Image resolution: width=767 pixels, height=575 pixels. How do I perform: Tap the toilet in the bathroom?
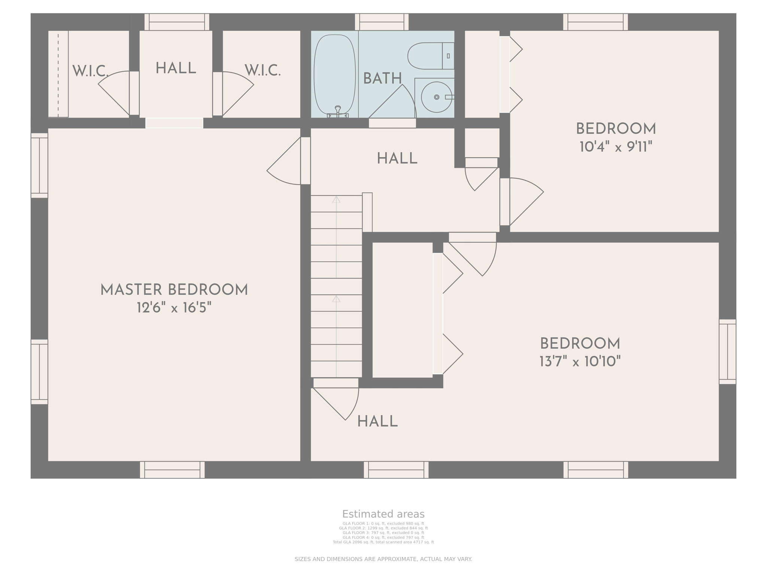429,56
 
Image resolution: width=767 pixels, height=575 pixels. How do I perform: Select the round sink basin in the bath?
436,97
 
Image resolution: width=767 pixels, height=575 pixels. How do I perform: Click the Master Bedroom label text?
174,290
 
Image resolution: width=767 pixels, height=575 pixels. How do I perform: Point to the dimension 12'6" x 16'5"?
174,308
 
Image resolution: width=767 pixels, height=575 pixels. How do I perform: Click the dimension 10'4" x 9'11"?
616,147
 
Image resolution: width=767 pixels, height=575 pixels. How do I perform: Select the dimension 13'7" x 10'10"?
580,362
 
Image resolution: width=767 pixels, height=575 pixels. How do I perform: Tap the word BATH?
382,79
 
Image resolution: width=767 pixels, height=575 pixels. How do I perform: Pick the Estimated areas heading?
383,514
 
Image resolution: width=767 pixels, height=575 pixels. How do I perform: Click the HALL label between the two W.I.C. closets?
176,69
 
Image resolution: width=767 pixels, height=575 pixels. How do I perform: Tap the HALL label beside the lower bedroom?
377,422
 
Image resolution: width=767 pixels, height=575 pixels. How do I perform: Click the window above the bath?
382,22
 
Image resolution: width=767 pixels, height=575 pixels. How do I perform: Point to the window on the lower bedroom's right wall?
727,352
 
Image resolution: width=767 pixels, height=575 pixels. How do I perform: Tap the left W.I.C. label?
90,71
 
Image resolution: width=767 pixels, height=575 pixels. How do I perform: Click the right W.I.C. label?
263,70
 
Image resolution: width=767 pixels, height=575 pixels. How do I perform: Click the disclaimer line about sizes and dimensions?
383,559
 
